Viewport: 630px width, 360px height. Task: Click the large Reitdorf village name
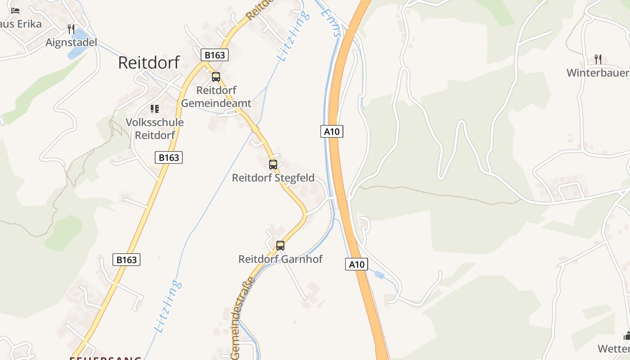tap(149, 63)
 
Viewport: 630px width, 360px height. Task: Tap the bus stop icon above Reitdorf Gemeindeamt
tap(216, 77)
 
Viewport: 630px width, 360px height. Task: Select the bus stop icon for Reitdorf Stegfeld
tap(273, 165)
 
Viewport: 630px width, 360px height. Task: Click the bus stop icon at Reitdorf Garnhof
tap(280, 246)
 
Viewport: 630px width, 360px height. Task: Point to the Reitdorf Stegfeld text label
tap(273, 178)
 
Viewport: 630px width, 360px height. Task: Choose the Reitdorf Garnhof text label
tap(280, 259)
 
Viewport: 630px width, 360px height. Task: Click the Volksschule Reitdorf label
tap(155, 128)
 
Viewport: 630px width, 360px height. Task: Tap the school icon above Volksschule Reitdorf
tap(155, 109)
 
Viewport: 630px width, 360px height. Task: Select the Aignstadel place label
tap(72, 42)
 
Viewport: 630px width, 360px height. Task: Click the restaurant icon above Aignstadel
tap(71, 29)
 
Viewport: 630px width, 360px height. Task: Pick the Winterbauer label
tap(598, 72)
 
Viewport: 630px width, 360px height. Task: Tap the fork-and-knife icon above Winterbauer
tap(598, 59)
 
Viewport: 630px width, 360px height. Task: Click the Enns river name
tap(332, 20)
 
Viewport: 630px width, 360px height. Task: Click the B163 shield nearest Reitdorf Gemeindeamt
tap(215, 55)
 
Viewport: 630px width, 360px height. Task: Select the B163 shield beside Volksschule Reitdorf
tap(169, 157)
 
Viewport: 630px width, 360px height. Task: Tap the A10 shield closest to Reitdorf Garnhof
tap(357, 264)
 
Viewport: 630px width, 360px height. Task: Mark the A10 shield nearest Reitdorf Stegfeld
tap(332, 131)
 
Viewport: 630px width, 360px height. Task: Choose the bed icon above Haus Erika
tap(15, 11)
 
